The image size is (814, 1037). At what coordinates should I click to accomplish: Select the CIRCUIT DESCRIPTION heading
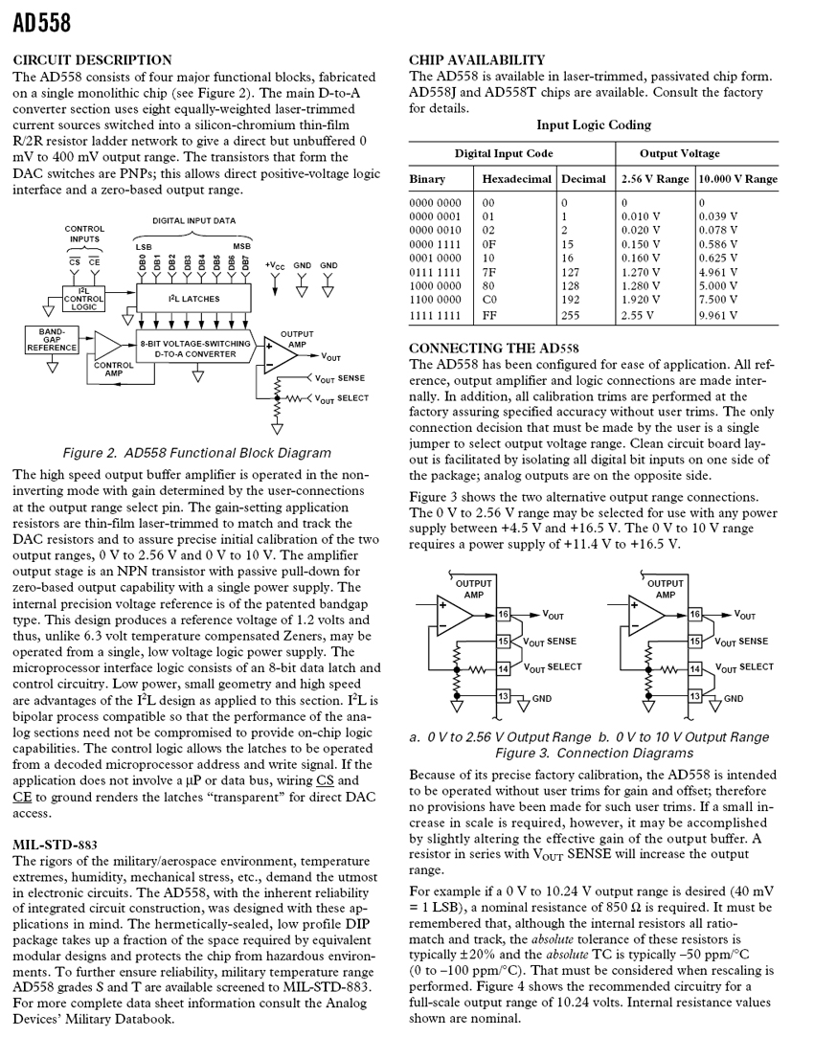pos(92,59)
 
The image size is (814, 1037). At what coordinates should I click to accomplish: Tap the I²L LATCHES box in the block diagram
pos(193,299)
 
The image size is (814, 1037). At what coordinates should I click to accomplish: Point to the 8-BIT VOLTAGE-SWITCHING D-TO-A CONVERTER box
pos(195,348)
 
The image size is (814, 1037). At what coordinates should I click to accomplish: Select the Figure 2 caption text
pos(196,453)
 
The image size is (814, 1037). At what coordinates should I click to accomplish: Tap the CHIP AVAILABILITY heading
pos(477,59)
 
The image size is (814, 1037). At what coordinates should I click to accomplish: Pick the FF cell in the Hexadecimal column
pos(489,315)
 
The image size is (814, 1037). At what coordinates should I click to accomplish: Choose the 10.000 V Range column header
pos(737,179)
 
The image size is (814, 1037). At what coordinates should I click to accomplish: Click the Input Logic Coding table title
pos(593,124)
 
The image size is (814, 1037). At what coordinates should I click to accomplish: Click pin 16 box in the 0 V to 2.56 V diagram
pos(504,614)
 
